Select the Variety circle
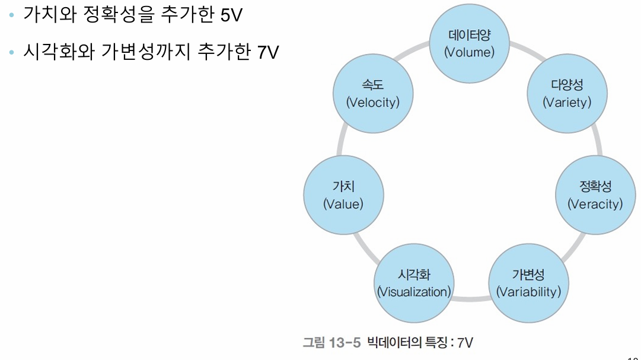pyautogui.click(x=567, y=94)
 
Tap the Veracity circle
pyautogui.click(x=595, y=195)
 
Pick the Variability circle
pyautogui.click(x=528, y=283)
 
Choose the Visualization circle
pyautogui.click(x=414, y=283)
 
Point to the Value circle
pyautogui.click(x=343, y=195)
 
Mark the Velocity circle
pyautogui.click(x=373, y=94)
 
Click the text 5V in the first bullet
pyautogui.click(x=231, y=16)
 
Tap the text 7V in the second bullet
pyautogui.click(x=268, y=52)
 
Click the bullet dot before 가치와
pyautogui.click(x=12, y=16)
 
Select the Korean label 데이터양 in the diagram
pyautogui.click(x=470, y=35)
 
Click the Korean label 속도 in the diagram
pyautogui.click(x=373, y=85)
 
